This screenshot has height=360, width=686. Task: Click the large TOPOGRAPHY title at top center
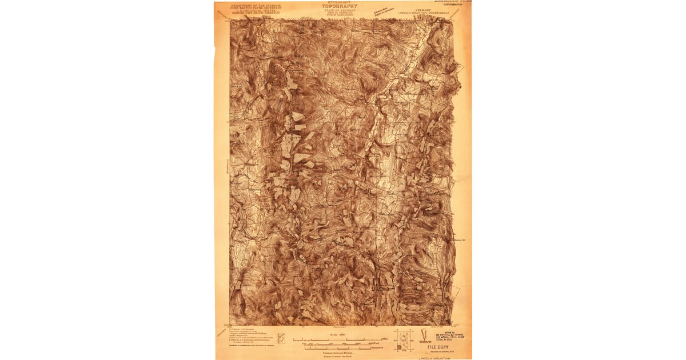click(x=343, y=7)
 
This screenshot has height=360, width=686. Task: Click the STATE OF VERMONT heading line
click(x=343, y=11)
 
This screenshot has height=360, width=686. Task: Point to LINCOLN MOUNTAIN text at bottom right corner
click(x=435, y=358)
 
